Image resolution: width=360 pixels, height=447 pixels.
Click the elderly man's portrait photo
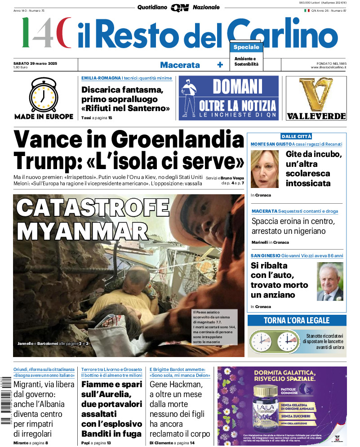click(x=330, y=282)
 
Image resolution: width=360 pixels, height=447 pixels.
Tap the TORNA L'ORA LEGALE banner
click(x=297, y=321)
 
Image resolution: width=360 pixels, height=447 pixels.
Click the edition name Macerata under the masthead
click(x=180, y=65)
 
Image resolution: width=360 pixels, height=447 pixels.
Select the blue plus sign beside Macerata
click(x=220, y=65)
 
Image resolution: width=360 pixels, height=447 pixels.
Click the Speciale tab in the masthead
click(x=246, y=47)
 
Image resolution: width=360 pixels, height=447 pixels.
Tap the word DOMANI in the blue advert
click(x=237, y=86)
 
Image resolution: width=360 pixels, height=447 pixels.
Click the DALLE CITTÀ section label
click(x=296, y=136)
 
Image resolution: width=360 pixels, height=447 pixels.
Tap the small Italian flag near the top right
click(x=307, y=10)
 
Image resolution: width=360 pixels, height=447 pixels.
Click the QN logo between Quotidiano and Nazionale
click(x=179, y=8)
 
